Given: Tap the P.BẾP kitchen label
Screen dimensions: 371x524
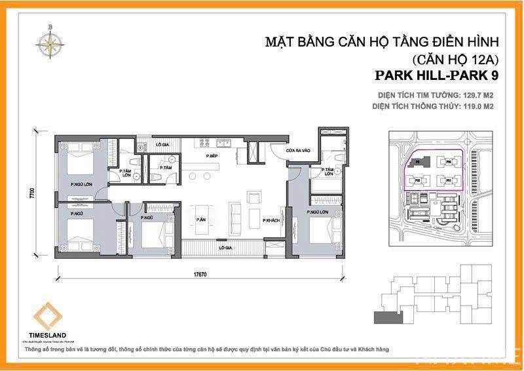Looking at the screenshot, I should (x=211, y=156).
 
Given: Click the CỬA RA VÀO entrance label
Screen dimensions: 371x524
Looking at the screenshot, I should (x=297, y=152).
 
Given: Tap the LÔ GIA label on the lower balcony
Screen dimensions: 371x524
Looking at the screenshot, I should (x=227, y=248).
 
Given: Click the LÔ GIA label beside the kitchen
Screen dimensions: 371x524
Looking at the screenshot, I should (x=162, y=144).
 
